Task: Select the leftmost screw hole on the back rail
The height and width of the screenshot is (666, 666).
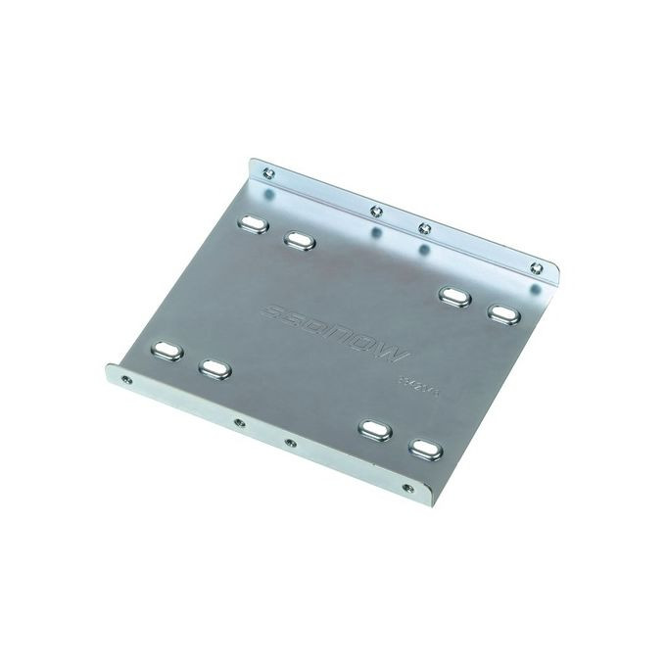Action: [269, 174]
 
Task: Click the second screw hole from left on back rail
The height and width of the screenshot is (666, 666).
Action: [373, 210]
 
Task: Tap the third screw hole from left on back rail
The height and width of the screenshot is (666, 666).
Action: [423, 228]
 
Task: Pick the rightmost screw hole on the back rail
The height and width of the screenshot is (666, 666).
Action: [535, 267]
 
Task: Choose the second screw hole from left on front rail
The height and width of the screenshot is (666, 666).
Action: [236, 422]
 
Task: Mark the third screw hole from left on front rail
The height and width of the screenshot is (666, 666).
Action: [289, 444]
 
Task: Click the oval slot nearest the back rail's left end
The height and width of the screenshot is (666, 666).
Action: [252, 223]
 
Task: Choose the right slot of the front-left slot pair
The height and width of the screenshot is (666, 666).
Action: [214, 367]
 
